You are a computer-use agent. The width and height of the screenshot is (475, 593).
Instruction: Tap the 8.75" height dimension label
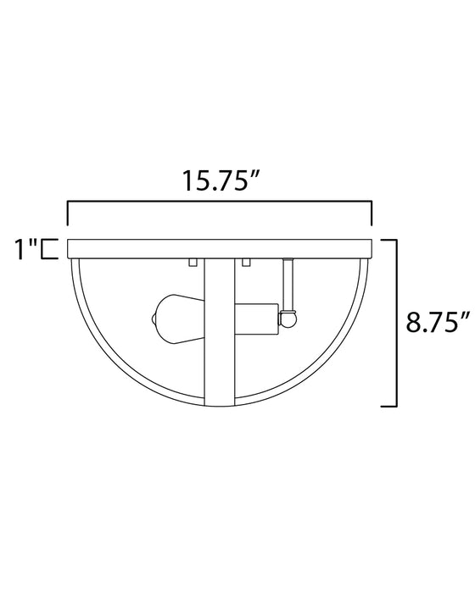[x=436, y=323]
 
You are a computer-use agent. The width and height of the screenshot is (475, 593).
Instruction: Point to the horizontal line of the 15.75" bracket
[x=220, y=202]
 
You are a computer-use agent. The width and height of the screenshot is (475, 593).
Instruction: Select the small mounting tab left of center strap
[x=193, y=261]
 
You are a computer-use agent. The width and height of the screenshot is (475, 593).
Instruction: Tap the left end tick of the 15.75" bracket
[x=68, y=213]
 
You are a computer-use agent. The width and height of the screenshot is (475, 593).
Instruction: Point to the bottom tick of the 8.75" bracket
[x=388, y=406]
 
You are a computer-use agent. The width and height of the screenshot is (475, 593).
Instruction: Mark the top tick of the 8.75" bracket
[x=388, y=241]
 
